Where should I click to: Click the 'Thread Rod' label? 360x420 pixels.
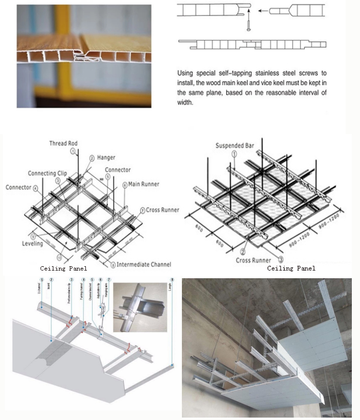(63, 143)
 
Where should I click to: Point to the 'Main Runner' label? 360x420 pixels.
(144, 184)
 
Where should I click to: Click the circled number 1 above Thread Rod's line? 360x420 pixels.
(73, 151)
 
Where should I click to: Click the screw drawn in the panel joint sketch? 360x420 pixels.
(250, 25)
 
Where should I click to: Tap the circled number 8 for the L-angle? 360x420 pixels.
(171, 280)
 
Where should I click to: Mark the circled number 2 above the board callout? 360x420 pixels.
(51, 280)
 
